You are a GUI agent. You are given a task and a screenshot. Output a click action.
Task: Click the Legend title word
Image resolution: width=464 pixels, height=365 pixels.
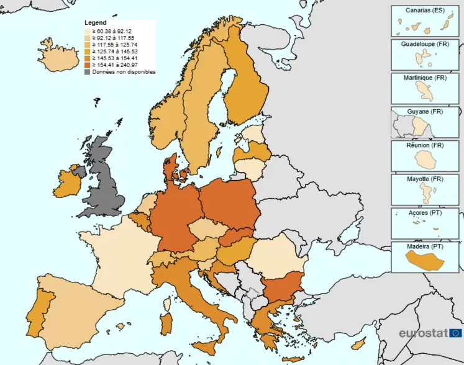(95, 23)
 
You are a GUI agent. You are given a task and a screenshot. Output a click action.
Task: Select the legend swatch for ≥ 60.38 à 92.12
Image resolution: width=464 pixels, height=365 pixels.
(88, 31)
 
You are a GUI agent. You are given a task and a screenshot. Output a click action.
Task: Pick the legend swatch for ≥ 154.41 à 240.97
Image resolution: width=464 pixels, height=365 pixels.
(88, 65)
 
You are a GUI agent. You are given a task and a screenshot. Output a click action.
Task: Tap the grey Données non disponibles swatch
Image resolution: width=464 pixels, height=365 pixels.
(88, 72)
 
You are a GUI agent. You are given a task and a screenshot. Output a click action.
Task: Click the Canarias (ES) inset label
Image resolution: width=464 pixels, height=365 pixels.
(425, 11)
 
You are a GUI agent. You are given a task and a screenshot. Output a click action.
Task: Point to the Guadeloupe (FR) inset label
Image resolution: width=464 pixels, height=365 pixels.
(425, 45)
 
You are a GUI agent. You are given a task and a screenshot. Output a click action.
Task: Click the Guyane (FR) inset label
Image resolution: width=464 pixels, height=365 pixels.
(425, 112)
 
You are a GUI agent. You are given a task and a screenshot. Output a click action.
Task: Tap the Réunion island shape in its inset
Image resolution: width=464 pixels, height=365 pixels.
(426, 161)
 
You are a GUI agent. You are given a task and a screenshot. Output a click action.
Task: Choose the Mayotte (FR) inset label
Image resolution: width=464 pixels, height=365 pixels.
(425, 179)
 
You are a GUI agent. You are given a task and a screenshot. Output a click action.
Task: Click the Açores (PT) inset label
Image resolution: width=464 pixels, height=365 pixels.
(425, 212)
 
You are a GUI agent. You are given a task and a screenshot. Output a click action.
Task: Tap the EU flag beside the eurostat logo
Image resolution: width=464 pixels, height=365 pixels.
(455, 333)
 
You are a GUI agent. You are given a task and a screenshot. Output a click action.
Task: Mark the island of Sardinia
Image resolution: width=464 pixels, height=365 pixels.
(166, 323)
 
